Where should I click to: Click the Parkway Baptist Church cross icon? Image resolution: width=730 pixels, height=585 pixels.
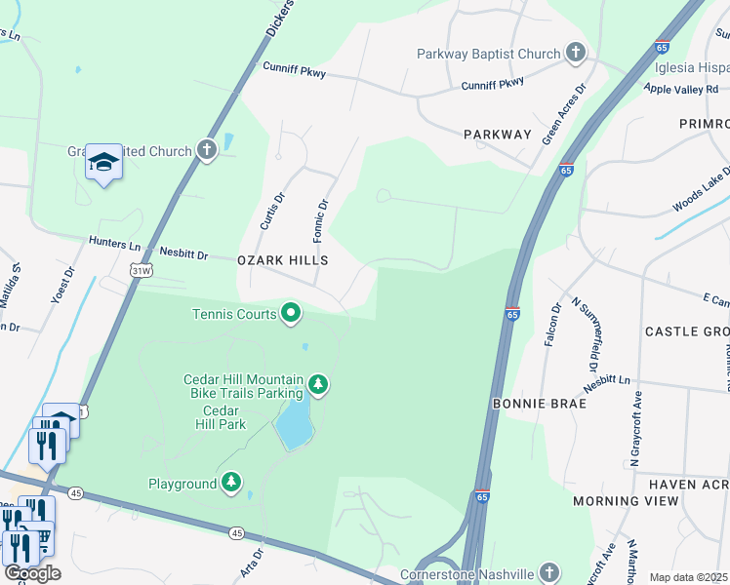pyautogui.click(x=576, y=54)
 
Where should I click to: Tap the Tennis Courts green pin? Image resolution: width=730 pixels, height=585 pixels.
pyautogui.click(x=290, y=313)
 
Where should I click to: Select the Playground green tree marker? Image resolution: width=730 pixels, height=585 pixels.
pyautogui.click(x=231, y=483)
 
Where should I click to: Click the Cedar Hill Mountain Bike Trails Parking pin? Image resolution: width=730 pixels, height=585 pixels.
pyautogui.click(x=317, y=385)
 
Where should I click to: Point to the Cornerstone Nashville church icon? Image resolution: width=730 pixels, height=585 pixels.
pyautogui.click(x=549, y=572)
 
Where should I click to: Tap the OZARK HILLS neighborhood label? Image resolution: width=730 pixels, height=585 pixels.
pyautogui.click(x=282, y=261)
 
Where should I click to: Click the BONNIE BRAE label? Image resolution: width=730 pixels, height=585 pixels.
pyautogui.click(x=540, y=403)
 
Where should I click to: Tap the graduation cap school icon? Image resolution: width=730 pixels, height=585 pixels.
pyautogui.click(x=103, y=162)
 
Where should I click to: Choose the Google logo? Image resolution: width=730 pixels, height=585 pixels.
pyautogui.click(x=31, y=573)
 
